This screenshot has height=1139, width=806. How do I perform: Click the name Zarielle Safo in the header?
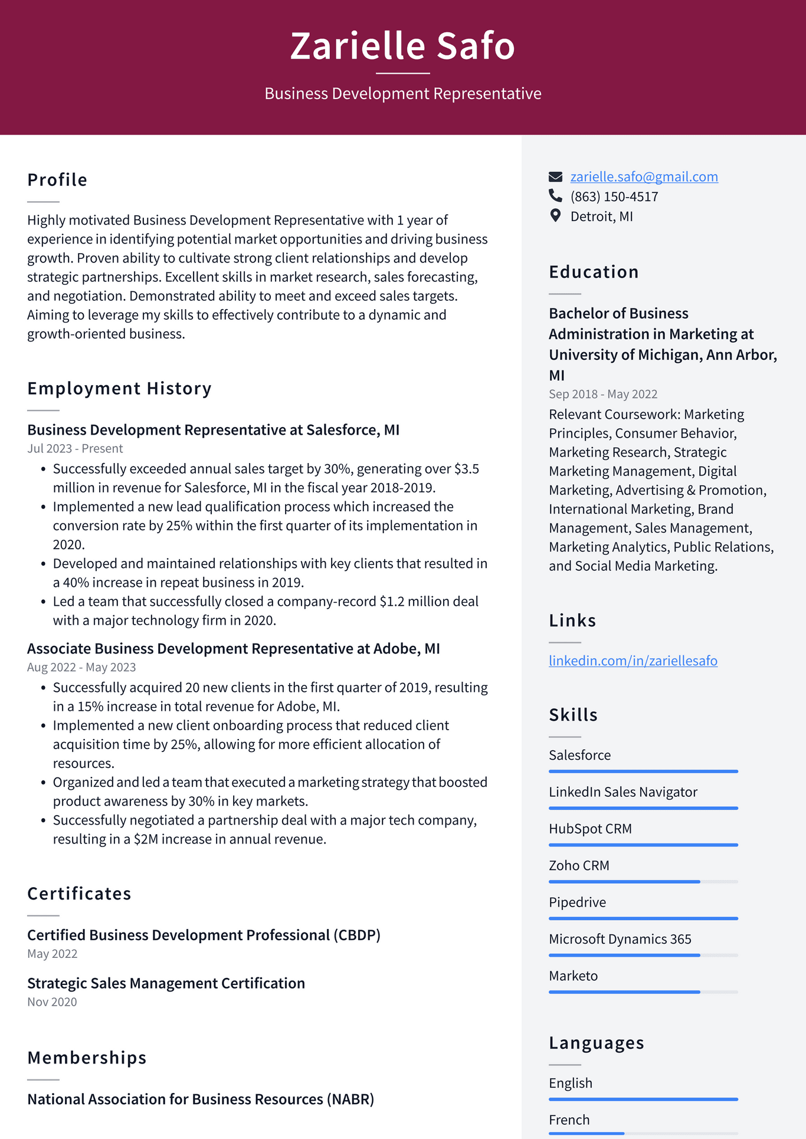402,46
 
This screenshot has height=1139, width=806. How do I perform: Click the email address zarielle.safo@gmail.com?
644,177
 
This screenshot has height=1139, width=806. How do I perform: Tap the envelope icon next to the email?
555,177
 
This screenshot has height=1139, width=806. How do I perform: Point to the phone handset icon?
555,195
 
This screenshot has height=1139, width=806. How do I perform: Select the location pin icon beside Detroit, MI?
555,215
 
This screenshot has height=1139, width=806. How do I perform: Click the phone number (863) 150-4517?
614,196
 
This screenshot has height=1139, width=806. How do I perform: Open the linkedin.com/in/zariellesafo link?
633,661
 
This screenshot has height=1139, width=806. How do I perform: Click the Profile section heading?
57,180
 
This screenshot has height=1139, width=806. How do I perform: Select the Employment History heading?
119,389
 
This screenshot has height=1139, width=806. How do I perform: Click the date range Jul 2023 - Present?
75,448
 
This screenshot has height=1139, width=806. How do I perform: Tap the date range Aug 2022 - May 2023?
81,667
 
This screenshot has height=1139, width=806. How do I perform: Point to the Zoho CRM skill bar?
643,882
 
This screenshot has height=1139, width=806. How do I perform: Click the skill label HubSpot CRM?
590,829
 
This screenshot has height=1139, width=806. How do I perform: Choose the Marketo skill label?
573,976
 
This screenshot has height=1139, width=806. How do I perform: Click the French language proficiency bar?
643,1133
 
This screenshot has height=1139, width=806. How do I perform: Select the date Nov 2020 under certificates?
52,1002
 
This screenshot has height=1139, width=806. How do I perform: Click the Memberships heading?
87,1058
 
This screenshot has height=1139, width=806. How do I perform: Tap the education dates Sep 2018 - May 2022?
602,394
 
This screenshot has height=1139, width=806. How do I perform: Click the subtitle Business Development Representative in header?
402,94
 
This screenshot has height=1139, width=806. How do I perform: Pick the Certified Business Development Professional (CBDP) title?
204,935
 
